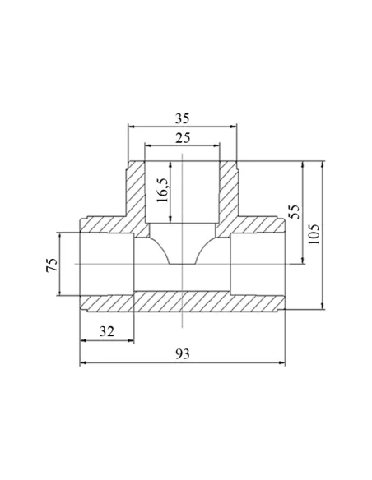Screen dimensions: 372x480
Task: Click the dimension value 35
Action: (183, 118)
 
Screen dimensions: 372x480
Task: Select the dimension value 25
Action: (183, 138)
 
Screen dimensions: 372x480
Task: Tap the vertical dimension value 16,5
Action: (162, 190)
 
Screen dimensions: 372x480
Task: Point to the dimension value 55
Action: (294, 211)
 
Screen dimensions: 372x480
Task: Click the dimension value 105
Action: (314, 234)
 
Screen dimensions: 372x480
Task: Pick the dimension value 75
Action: (52, 265)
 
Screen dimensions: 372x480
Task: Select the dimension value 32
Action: (107, 331)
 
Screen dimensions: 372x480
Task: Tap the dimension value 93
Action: (183, 354)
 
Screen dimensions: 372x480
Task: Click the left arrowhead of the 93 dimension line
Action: (83, 363)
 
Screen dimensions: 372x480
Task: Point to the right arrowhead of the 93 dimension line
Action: (281, 363)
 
